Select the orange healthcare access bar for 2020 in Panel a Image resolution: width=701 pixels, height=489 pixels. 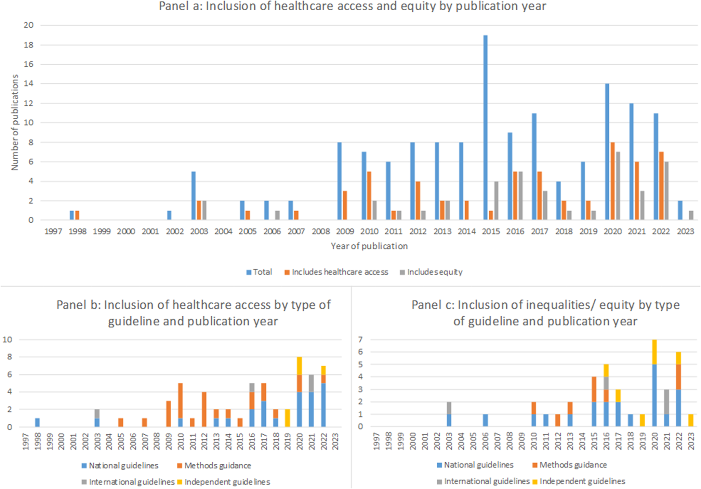click(x=612, y=181)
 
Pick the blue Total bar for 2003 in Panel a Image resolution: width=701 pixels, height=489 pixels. click(x=194, y=196)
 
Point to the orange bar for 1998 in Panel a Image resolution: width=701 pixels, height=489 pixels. click(x=77, y=215)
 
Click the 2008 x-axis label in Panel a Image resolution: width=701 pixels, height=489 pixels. click(x=320, y=232)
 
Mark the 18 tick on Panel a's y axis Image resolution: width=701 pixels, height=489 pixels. click(x=28, y=45)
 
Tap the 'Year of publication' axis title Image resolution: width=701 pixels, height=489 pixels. click(x=369, y=246)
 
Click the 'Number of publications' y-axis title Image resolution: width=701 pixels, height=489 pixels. click(x=15, y=122)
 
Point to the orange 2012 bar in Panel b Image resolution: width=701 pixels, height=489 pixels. click(x=204, y=409)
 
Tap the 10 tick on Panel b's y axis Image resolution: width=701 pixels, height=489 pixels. click(x=7, y=340)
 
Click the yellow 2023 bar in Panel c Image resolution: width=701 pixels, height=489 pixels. click(x=691, y=421)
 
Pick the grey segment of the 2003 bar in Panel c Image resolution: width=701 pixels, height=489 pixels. click(x=449, y=408)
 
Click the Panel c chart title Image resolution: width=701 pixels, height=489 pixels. click(x=545, y=313)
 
